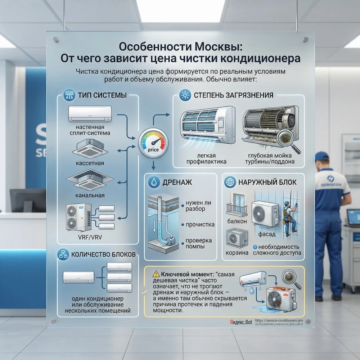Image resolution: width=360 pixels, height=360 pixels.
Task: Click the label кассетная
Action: click(90, 163)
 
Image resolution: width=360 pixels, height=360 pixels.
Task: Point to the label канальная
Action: click(90, 195)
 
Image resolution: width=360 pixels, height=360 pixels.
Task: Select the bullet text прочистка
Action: click(200, 224)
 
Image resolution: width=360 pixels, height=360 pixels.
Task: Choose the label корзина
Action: click(237, 253)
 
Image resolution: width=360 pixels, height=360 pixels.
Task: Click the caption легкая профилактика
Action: click(206, 159)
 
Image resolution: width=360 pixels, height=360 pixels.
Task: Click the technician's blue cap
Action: click(321, 156)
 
